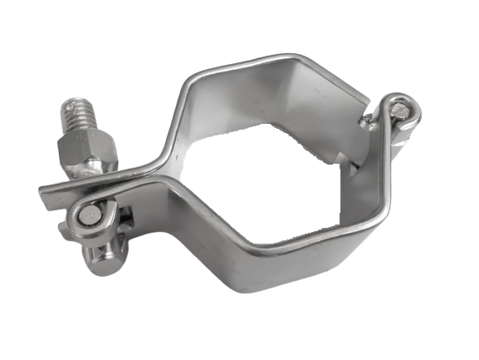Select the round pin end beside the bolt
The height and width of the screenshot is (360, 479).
pyautogui.click(x=88, y=216)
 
